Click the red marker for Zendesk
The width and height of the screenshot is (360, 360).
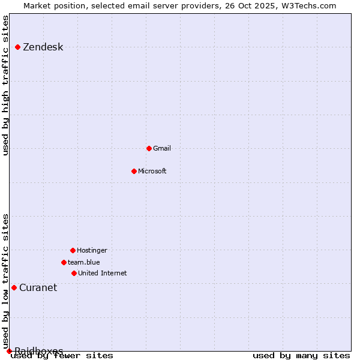coord(18,47)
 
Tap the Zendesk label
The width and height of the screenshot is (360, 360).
coord(43,47)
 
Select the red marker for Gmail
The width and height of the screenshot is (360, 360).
coord(149,148)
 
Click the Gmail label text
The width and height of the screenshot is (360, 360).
coord(162,149)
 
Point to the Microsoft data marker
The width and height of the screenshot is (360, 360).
coord(134,171)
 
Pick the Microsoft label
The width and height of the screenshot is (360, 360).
coord(152,172)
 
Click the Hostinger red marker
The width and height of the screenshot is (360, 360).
coord(73,250)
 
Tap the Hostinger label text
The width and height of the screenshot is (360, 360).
coord(92,251)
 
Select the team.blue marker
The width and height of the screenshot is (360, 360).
coord(64,262)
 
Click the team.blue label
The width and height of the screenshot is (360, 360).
coord(83,263)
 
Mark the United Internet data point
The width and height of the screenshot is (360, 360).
coord(74,273)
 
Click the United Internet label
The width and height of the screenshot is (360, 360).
coord(102,274)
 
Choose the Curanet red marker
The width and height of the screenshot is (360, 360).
coord(14,287)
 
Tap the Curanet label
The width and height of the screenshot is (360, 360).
coord(38,288)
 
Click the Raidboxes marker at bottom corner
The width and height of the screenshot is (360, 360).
coord(9,351)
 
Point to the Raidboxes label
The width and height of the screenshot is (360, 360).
coord(39,350)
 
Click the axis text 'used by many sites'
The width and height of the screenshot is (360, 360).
coord(301,356)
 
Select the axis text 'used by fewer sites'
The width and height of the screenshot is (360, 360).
coord(62,356)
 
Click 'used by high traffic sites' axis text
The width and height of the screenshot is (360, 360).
coord(6,85)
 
